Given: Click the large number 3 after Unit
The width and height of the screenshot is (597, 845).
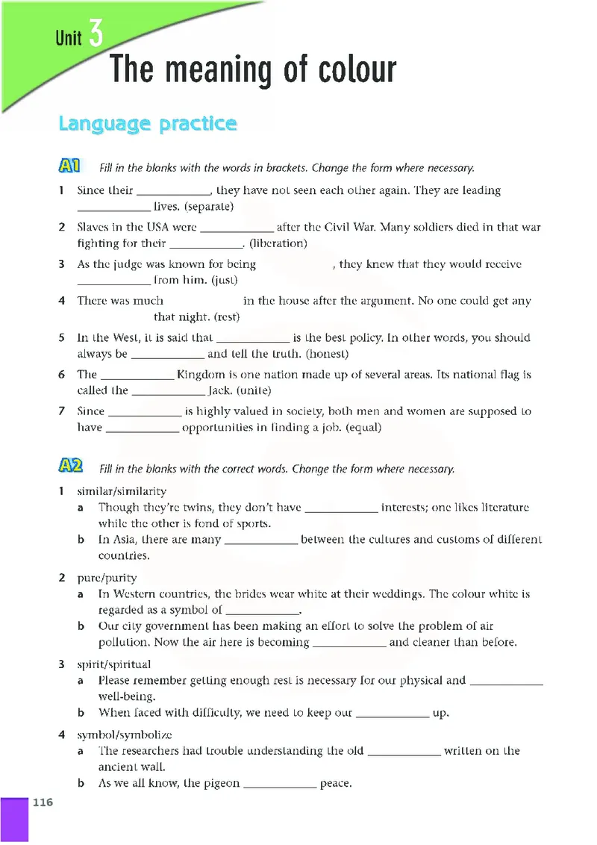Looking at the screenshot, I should click(x=95, y=34).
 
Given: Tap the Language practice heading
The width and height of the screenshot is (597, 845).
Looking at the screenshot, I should click(x=148, y=123).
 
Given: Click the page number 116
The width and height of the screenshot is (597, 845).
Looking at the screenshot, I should click(x=43, y=802).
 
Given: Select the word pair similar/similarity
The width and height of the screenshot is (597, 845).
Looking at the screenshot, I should click(x=122, y=491).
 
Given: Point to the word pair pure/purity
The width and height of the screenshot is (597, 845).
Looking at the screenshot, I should click(x=107, y=578).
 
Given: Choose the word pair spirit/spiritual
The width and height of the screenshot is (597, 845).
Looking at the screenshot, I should click(x=114, y=664).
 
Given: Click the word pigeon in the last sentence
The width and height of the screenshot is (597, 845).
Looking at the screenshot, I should click(x=222, y=783).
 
